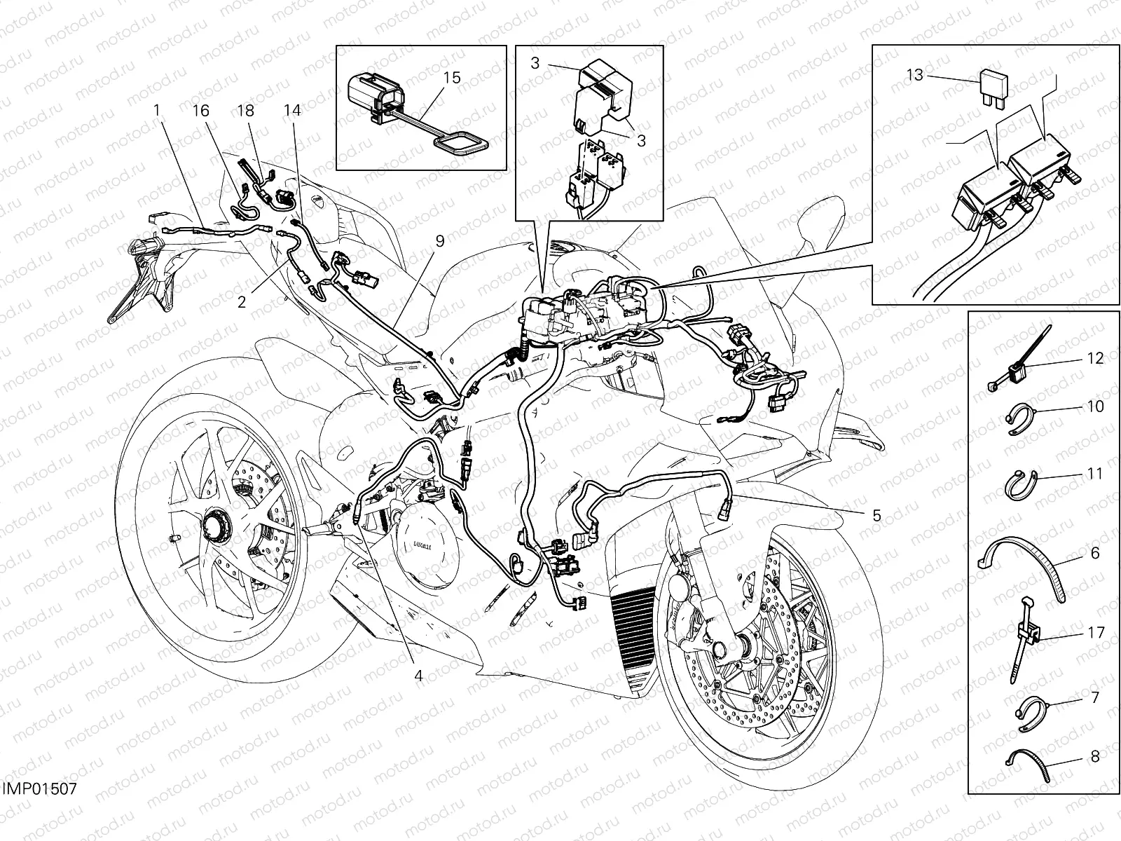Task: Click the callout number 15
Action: pyautogui.click(x=453, y=77)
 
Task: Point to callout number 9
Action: pyautogui.click(x=439, y=241)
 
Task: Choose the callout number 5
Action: pyautogui.click(x=876, y=515)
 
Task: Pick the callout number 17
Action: pyautogui.click(x=1094, y=633)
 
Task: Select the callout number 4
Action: pyautogui.click(x=418, y=676)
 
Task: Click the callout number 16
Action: pyautogui.click(x=201, y=111)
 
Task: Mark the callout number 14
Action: pyautogui.click(x=292, y=111)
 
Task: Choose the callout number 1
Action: pyautogui.click(x=157, y=111)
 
